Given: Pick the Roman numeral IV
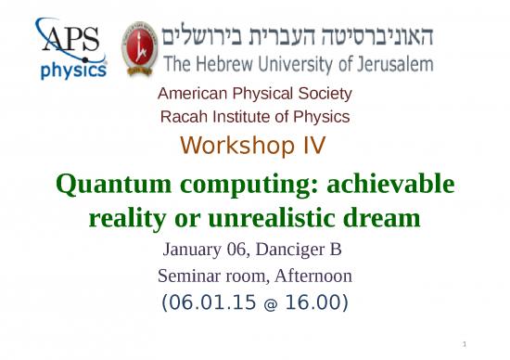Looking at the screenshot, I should point(312,145).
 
